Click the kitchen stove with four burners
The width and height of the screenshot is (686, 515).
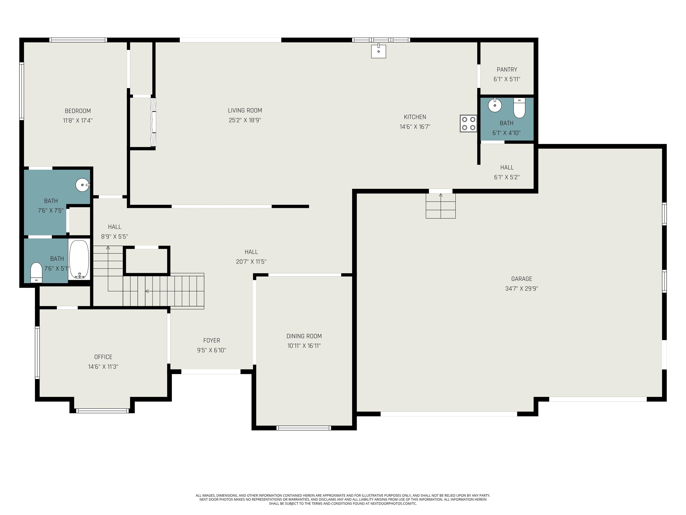pos(468,123)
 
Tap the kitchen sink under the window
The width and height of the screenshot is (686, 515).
pos(378,51)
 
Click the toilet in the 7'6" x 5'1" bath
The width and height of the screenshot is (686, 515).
pos(36,272)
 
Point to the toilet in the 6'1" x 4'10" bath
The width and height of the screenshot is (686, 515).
pos(519,108)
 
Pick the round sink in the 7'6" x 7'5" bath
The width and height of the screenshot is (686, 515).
pos(82,185)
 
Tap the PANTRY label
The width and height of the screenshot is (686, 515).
pos(507,70)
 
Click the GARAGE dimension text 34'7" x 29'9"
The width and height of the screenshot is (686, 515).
pos(521,288)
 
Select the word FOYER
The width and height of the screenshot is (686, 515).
pos(211,341)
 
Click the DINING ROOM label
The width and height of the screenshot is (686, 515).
pos(304,336)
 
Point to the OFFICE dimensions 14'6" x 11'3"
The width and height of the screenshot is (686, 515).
pos(103,367)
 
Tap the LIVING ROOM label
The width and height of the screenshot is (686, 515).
pos(245,110)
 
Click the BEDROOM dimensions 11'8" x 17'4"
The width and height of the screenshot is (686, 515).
pos(77,120)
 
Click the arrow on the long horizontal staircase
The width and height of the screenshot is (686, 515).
pos(147,291)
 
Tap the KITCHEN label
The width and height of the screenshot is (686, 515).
pos(415,117)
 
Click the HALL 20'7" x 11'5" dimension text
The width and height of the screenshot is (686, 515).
pos(251,262)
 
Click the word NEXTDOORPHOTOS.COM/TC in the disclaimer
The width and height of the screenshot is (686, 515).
pos(393,504)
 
